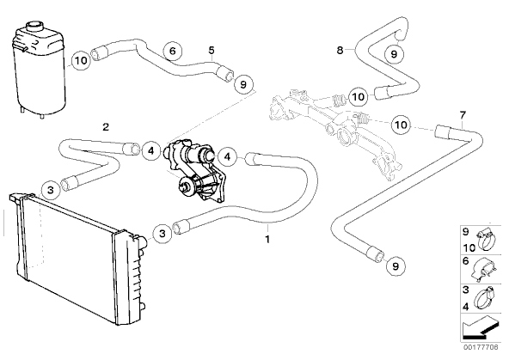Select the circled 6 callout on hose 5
(x=172, y=51)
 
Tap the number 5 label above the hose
(x=212, y=50)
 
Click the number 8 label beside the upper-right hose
(x=340, y=50)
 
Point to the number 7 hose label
(x=463, y=115)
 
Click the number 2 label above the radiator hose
(x=106, y=127)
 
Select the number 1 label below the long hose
(x=267, y=240)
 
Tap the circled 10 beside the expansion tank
(x=82, y=60)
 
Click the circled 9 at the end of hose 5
(x=243, y=84)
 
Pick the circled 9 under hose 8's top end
(x=394, y=53)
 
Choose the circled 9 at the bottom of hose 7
(x=396, y=266)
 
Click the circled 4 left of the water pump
(x=151, y=150)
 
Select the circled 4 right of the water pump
(x=227, y=157)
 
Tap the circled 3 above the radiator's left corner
(x=51, y=190)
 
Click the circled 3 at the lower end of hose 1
(x=163, y=233)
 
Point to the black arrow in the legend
(x=480, y=327)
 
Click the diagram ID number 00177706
(x=481, y=347)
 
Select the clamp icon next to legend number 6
(x=483, y=270)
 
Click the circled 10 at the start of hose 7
(x=402, y=125)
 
